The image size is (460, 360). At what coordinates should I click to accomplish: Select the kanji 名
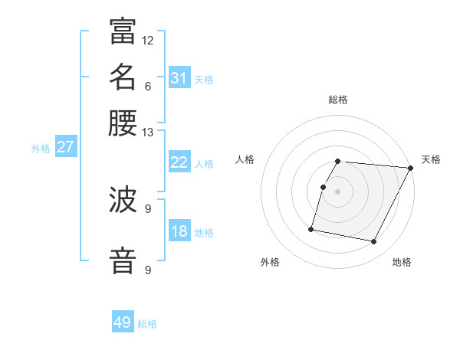pyautogui.click(x=123, y=77)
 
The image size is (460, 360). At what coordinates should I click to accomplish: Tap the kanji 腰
pyautogui.click(x=123, y=123)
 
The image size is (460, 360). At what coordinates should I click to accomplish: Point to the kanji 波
pyautogui.click(x=123, y=201)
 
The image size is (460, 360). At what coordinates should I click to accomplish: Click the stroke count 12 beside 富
pyautogui.click(x=148, y=40)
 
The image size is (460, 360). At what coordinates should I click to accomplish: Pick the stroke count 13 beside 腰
pyautogui.click(x=148, y=133)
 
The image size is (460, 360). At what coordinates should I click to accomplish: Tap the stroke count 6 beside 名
pyautogui.click(x=148, y=86)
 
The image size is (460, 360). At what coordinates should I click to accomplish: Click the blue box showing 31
pyautogui.click(x=179, y=78)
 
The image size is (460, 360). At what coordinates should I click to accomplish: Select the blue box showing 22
pyautogui.click(x=179, y=162)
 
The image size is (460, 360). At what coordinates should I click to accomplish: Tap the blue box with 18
pyautogui.click(x=179, y=231)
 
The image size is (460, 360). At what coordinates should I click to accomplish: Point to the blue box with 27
pyautogui.click(x=65, y=147)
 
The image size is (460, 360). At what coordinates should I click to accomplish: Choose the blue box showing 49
pyautogui.click(x=123, y=322)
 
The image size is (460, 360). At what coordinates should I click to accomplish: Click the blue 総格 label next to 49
pyautogui.click(x=147, y=324)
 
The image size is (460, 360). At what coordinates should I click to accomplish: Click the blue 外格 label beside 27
pyautogui.click(x=41, y=149)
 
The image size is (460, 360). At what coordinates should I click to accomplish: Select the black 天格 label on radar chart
pyautogui.click(x=431, y=159)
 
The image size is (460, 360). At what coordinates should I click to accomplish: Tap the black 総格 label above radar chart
pyautogui.click(x=338, y=100)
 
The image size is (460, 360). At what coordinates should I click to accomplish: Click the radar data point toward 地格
pyautogui.click(x=374, y=242)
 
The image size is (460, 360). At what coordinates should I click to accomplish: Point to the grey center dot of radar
pyautogui.click(x=338, y=191)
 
